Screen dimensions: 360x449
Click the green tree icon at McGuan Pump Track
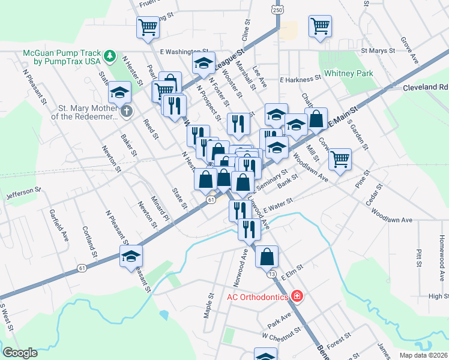click(109, 56)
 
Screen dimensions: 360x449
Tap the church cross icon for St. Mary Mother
click(126, 111)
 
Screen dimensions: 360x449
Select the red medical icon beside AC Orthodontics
click(296, 296)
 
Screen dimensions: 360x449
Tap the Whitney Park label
click(348, 74)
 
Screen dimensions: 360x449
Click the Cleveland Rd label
click(425, 87)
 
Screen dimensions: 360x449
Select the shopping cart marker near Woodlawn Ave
click(340, 159)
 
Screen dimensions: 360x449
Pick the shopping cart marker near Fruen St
click(148, 27)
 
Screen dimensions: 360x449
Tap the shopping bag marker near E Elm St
click(267, 256)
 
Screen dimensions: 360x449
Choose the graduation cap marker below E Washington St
click(204, 62)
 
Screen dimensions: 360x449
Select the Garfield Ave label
click(65, 224)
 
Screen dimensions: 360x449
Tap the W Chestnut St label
click(280, 334)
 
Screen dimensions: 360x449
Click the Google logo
click(20, 353)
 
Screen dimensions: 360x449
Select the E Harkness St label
click(300, 79)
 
